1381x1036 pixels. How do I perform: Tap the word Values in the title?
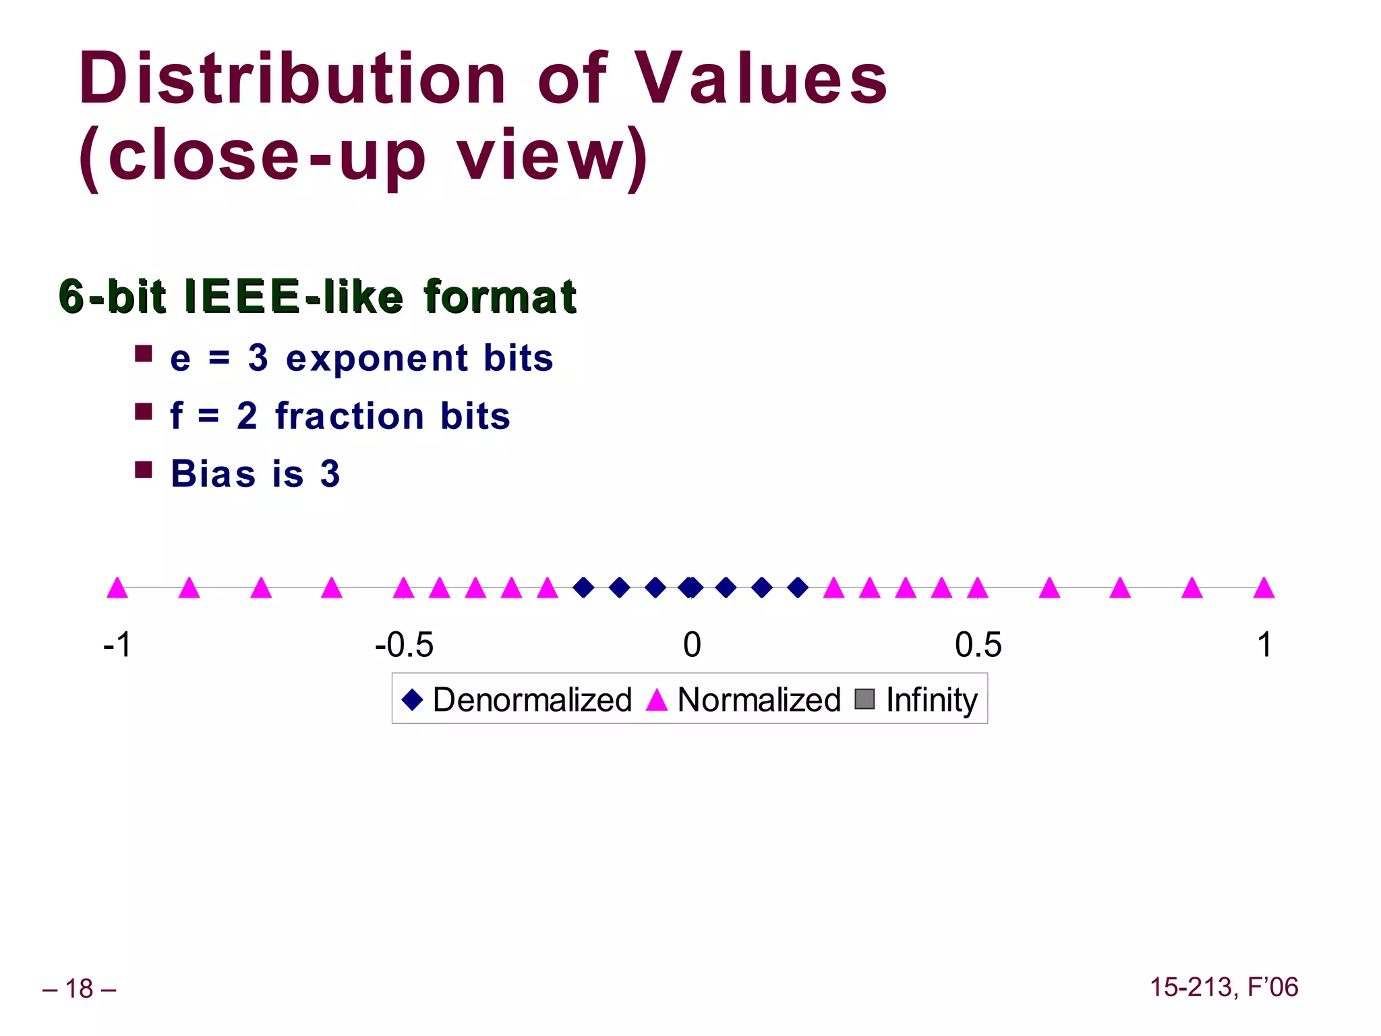762,80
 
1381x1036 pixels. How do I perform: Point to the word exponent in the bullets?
376,358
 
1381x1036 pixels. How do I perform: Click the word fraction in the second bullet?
350,416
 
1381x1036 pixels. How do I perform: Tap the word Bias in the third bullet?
213,473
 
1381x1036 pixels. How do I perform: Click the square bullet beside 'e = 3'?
143,354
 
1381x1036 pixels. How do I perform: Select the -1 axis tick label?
117,645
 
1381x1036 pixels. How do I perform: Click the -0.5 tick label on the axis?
404,645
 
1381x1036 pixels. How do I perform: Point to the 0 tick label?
692,645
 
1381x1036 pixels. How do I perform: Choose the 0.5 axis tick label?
978,645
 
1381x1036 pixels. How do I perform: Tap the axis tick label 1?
1264,645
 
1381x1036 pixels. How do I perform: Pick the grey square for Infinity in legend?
864,699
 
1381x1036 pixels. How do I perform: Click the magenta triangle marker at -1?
117,588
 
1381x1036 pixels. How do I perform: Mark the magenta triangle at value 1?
1264,588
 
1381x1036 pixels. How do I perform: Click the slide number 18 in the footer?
79,989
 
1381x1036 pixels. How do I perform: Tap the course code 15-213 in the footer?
1193,987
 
